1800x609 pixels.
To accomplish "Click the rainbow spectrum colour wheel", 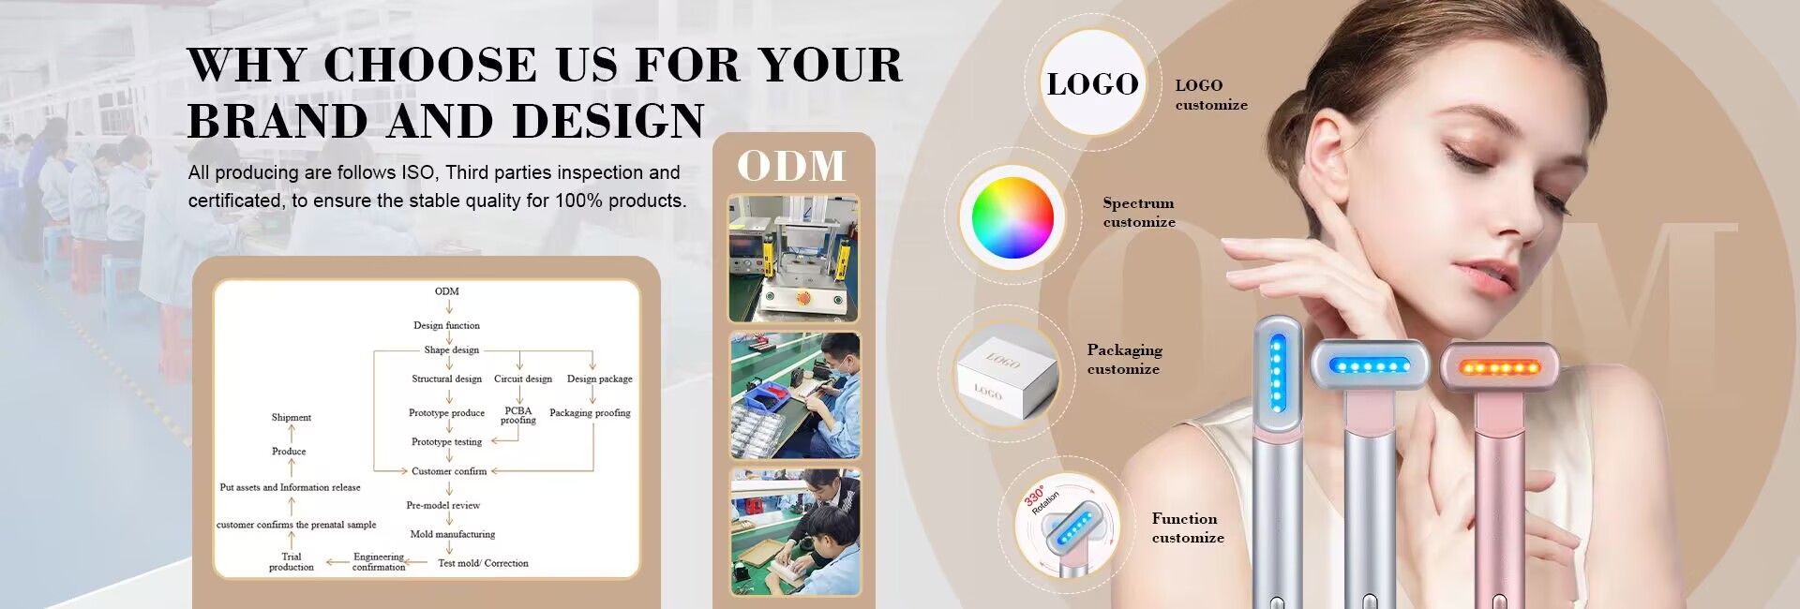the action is pyautogui.click(x=1012, y=217).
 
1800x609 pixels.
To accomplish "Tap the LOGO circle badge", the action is pyautogui.click(x=1093, y=83).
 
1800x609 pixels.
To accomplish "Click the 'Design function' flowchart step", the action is pyautogui.click(x=446, y=326).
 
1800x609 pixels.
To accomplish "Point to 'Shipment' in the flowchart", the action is pyautogui.click(x=292, y=418).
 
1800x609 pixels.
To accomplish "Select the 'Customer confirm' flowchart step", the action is pyautogui.click(x=449, y=471).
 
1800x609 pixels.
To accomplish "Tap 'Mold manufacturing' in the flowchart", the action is pyautogui.click(x=453, y=534).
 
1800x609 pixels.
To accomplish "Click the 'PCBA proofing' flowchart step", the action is pyautogui.click(x=518, y=415).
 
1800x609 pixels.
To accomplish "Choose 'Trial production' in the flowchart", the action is pyautogui.click(x=292, y=561).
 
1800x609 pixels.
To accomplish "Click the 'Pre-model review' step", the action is pyautogui.click(x=443, y=505).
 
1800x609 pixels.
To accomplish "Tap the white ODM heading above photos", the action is pyautogui.click(x=792, y=166).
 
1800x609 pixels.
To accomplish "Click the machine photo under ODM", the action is pyautogui.click(x=794, y=259).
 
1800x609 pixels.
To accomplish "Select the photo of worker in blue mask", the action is pyautogui.click(x=795, y=395).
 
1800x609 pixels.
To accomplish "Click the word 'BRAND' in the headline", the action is pyautogui.click(x=277, y=121).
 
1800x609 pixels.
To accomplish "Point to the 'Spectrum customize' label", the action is pyautogui.click(x=1139, y=213).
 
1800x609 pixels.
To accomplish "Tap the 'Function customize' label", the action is pyautogui.click(x=1188, y=528).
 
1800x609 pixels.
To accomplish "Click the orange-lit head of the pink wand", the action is pyautogui.click(x=1500, y=366).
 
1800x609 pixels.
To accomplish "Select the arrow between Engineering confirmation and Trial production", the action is pyautogui.click(x=337, y=563).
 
